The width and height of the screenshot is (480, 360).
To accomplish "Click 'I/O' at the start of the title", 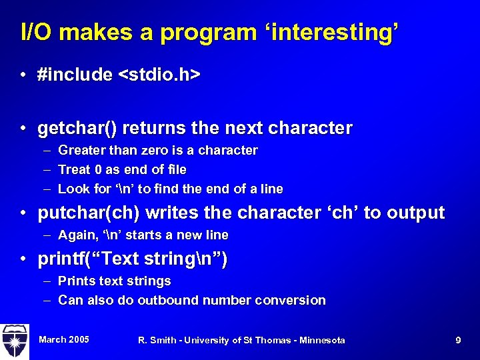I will [35, 32].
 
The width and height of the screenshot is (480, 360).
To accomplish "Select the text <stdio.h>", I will [159, 75].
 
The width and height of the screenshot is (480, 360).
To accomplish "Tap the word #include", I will [75, 75].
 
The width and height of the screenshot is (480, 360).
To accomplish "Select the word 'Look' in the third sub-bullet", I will [72, 189].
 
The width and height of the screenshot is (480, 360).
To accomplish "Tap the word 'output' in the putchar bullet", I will [414, 213].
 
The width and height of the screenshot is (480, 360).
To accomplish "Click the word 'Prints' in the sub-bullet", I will [76, 281].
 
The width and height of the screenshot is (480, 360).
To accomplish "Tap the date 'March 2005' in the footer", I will [64, 340].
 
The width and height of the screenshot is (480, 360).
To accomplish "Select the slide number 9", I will [458, 341].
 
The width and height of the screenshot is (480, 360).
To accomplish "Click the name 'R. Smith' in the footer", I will [157, 341].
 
